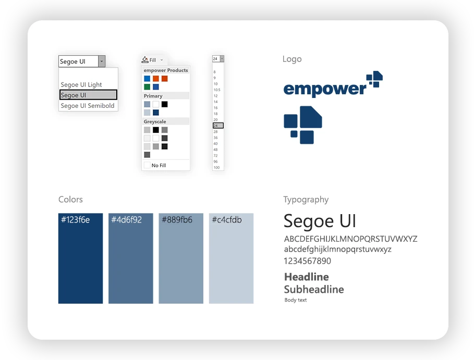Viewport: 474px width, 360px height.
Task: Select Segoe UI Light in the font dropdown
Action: point(81,85)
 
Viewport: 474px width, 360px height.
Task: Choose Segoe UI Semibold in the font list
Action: point(88,106)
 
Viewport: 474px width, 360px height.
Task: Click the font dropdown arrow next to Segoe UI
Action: point(102,61)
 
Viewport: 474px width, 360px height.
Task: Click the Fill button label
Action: point(153,60)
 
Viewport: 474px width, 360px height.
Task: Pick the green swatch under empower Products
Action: point(147,87)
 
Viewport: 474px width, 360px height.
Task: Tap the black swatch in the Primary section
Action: point(164,105)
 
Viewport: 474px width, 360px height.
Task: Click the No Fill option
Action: point(159,166)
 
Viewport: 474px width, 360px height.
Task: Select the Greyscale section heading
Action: point(155,122)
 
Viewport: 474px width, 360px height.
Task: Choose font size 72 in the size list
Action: point(215,156)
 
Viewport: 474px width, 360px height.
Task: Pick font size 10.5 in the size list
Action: point(217,90)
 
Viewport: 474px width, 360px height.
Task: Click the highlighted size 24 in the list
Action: point(218,126)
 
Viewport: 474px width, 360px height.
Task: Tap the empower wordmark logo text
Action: point(325,89)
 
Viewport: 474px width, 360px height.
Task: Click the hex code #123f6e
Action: point(75,220)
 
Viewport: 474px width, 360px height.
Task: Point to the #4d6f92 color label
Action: point(126,220)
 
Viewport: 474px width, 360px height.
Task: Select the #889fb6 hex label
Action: point(177,220)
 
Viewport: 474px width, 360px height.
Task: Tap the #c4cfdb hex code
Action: point(227,220)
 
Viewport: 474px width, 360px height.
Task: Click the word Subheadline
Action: point(314,290)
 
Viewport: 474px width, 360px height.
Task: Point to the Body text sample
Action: point(295,300)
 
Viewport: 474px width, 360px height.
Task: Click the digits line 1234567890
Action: point(308,261)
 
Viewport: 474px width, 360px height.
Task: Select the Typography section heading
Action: point(306,200)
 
